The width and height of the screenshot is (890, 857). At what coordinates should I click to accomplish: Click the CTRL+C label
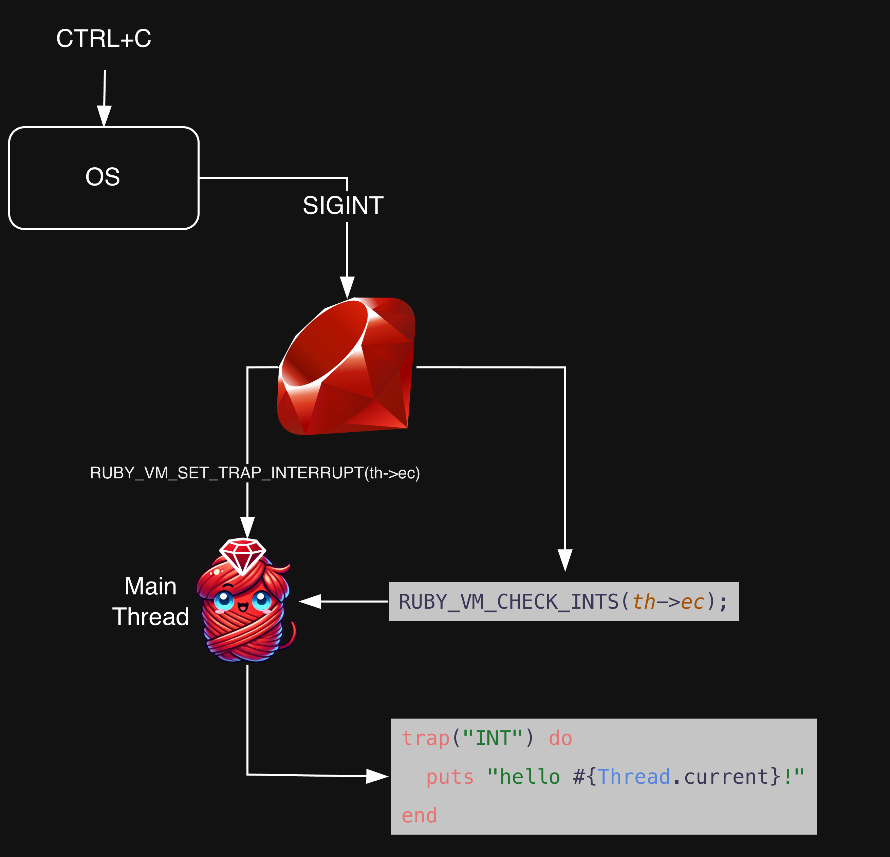(104, 39)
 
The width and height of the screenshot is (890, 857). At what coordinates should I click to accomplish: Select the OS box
(104, 178)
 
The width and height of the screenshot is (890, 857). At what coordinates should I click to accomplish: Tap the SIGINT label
(343, 206)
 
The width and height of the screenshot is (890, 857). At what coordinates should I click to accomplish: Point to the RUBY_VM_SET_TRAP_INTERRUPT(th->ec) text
(254, 473)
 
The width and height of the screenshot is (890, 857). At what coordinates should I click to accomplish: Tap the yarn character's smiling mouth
(243, 607)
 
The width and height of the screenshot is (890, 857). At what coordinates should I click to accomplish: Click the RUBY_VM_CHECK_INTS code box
(563, 602)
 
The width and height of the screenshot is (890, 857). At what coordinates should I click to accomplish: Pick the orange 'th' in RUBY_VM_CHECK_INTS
(644, 602)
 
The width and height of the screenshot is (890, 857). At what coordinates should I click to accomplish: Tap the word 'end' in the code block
(419, 815)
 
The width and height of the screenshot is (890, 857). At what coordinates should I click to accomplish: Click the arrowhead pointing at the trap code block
(377, 776)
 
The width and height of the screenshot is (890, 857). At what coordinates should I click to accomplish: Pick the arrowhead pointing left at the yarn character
(311, 602)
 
